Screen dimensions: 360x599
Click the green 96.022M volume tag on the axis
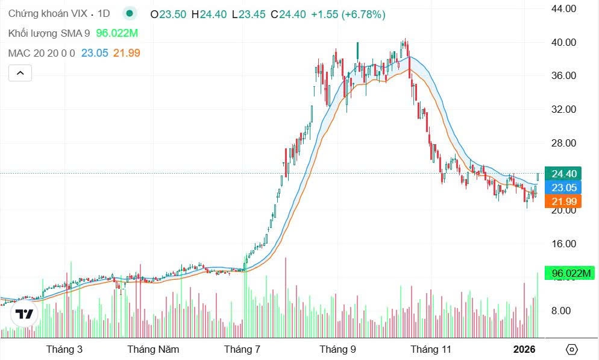[x=569, y=273]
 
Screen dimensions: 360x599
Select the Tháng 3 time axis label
[x=64, y=349]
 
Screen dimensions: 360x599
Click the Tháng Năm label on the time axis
[x=153, y=349]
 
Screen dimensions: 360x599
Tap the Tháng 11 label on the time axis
[x=430, y=349]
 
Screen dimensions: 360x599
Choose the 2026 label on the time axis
[x=524, y=349]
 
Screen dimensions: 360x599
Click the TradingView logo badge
[x=24, y=314]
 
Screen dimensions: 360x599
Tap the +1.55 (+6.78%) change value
[x=348, y=14]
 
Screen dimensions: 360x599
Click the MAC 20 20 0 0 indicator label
[x=42, y=53]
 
